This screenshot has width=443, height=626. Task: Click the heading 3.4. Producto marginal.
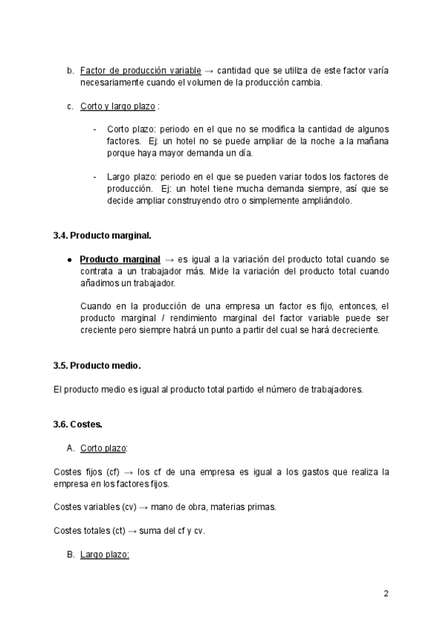(102, 236)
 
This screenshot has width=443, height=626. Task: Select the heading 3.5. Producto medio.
(97, 366)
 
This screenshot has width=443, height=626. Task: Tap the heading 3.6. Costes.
(78, 424)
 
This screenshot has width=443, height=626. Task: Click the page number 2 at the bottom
(385, 594)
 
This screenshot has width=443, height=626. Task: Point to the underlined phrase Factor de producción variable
(140, 71)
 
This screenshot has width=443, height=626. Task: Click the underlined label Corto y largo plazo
(117, 106)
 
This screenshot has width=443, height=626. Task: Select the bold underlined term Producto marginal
(120, 260)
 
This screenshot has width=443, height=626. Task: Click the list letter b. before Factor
(70, 71)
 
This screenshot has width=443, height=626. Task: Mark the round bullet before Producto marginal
(69, 261)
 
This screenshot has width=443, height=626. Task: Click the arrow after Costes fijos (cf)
(128, 472)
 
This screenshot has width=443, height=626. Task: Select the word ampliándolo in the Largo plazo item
(328, 201)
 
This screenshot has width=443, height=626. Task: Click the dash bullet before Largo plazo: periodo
(95, 177)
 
